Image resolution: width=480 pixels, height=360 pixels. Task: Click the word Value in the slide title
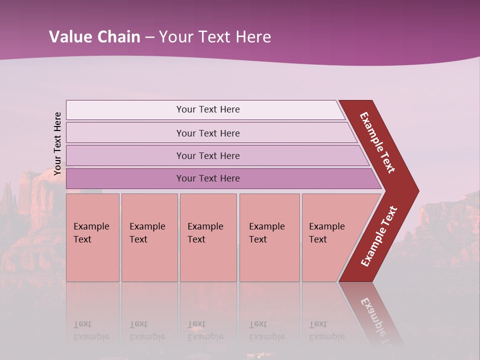(x=69, y=37)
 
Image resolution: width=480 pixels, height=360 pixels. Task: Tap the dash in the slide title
(x=149, y=37)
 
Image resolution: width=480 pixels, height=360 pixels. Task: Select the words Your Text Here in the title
(x=214, y=37)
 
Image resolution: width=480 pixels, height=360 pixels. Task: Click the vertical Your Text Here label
(x=57, y=143)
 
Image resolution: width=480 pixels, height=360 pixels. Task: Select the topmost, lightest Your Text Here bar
(x=207, y=109)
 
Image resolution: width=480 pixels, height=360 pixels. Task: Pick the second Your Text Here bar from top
(x=207, y=133)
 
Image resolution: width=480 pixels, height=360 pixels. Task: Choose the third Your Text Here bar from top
(x=207, y=155)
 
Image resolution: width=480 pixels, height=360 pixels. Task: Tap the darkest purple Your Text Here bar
(x=207, y=178)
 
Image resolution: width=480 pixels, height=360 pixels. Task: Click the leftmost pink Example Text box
(x=92, y=237)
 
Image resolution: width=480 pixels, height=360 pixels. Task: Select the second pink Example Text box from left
(x=149, y=237)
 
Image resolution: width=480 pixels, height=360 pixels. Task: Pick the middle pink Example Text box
(x=208, y=237)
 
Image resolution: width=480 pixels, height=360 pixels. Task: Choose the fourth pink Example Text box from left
(x=269, y=237)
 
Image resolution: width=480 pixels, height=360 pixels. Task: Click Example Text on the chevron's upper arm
(x=377, y=142)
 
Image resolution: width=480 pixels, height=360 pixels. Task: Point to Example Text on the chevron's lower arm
(x=379, y=236)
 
